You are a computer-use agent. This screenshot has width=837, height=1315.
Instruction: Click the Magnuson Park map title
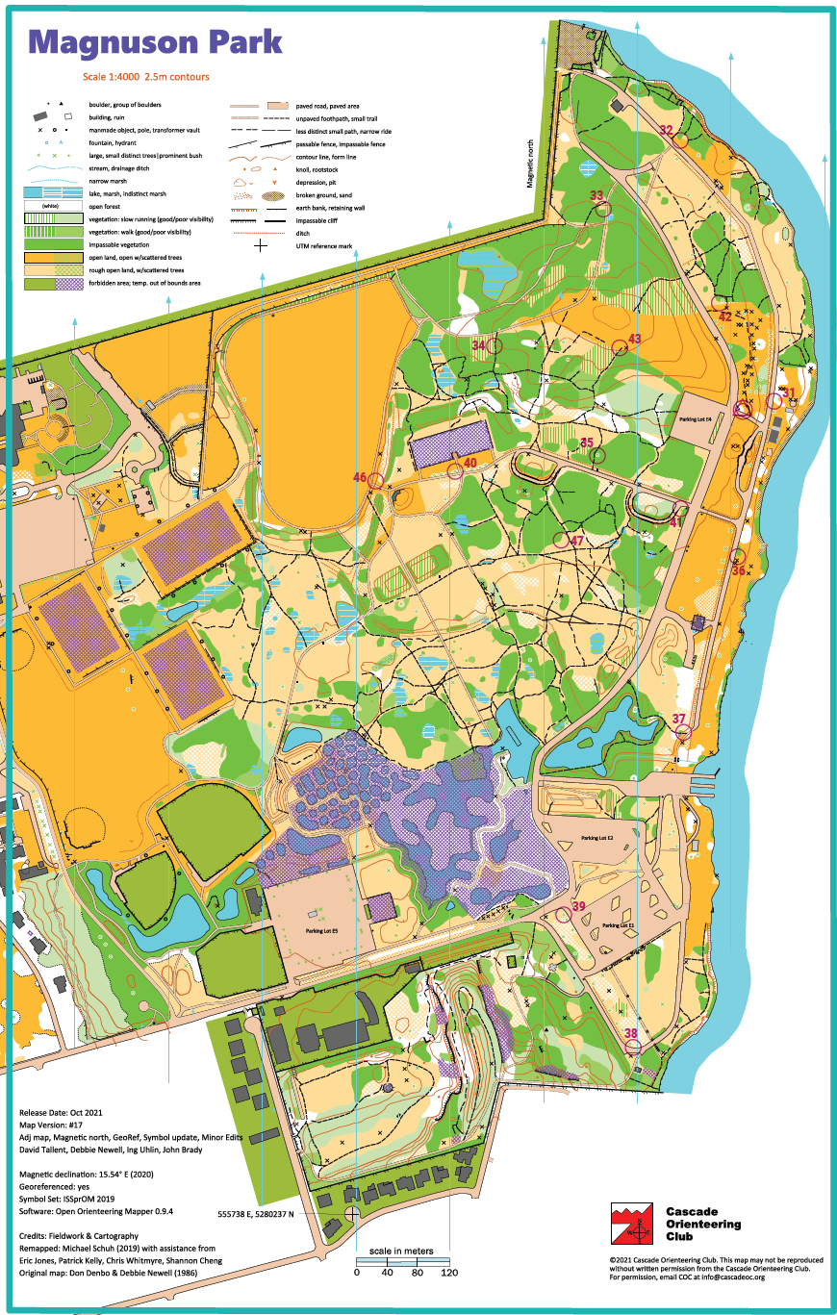[x=155, y=42]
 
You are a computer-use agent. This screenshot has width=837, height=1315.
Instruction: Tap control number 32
[x=666, y=130]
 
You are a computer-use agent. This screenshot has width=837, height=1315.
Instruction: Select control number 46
[x=360, y=477]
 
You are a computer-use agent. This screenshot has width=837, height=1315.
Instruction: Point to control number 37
[x=679, y=719]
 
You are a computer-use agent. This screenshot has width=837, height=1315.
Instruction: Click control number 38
[x=631, y=1034]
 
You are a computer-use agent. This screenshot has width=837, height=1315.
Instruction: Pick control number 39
[x=578, y=906]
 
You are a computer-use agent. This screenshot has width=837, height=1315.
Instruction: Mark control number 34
[x=478, y=344]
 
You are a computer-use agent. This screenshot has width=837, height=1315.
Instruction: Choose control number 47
[x=576, y=541]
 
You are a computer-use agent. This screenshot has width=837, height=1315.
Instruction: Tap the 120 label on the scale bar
[x=448, y=1272]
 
